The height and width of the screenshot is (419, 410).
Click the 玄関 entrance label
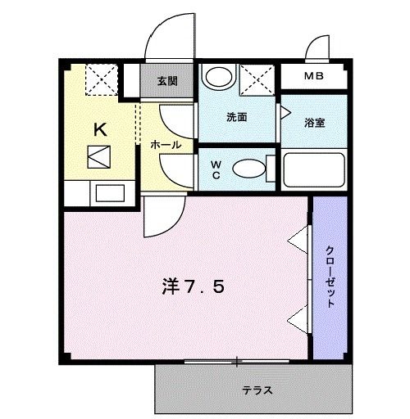tap(167, 81)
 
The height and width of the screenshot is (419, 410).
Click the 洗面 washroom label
tap(237, 117)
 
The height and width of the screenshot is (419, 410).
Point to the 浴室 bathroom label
tap(314, 123)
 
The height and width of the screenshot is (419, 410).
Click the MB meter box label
tap(314, 79)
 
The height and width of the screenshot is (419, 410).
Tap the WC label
tap(215, 168)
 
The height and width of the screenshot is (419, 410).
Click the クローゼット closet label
tap(330, 276)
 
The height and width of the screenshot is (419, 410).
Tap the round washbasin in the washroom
tap(217, 78)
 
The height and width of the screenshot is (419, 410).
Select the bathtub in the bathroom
tap(316, 169)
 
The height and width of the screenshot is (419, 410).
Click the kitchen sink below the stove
tap(108, 193)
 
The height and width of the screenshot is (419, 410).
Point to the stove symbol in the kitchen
tap(101, 155)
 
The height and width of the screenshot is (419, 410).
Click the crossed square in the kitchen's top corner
tap(102, 80)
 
